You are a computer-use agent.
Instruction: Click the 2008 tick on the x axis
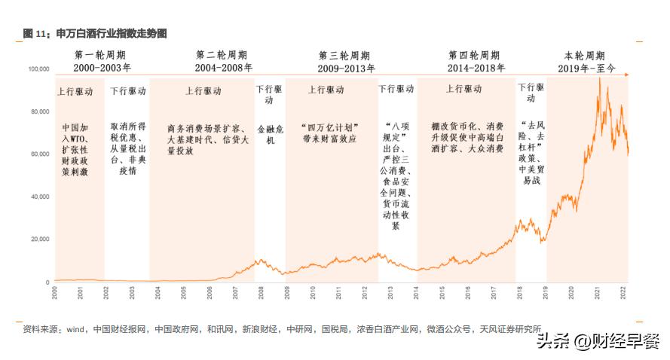click(x=260, y=291)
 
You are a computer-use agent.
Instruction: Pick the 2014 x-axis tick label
click(x=416, y=291)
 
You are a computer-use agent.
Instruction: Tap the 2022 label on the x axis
click(x=622, y=291)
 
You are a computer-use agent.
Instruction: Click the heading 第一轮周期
click(x=100, y=56)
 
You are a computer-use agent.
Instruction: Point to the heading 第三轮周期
click(x=344, y=56)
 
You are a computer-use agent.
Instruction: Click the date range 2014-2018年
click(x=474, y=68)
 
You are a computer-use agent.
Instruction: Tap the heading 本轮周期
click(x=585, y=56)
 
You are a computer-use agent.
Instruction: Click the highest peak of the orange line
click(x=600, y=80)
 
